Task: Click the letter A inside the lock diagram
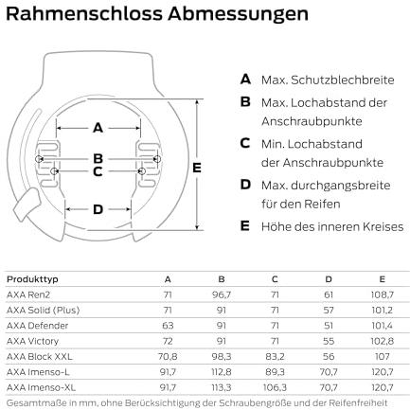pyautogui.click(x=98, y=128)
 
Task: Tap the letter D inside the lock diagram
pyautogui.click(x=98, y=209)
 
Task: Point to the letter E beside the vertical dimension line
pyautogui.click(x=197, y=168)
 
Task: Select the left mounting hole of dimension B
pyautogui.click(x=39, y=159)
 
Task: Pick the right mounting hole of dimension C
pyautogui.click(x=142, y=171)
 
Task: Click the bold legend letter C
pyautogui.click(x=245, y=143)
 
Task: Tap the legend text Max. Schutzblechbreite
pyautogui.click(x=328, y=80)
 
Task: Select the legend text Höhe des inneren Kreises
pyautogui.click(x=332, y=226)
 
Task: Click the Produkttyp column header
pyautogui.click(x=32, y=279)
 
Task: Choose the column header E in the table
pyautogui.click(x=383, y=279)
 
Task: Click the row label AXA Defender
pyautogui.click(x=37, y=326)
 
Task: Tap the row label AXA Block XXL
pyautogui.click(x=40, y=356)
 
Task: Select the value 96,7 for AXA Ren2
pyautogui.click(x=222, y=294)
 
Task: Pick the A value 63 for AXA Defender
pyautogui.click(x=168, y=326)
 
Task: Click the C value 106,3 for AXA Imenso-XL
pyautogui.click(x=275, y=387)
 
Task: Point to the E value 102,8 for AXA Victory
pyautogui.click(x=383, y=341)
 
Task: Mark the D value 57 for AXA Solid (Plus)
pyautogui.click(x=329, y=310)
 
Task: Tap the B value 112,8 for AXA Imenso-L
pyautogui.click(x=222, y=372)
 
